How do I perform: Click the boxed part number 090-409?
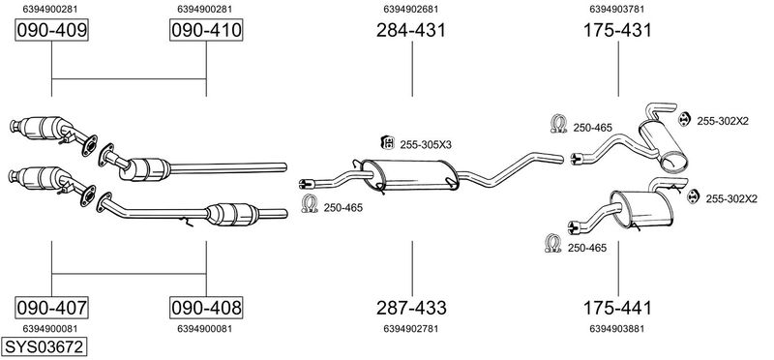coord(52,31)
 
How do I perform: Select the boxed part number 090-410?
coord(206,31)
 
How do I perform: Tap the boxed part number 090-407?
coord(52,308)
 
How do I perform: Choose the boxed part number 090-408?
coord(206,308)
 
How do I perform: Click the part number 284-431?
coord(411,31)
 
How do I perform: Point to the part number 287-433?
coord(411,308)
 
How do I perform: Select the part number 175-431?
coord(617,31)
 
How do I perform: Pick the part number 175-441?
coord(617,308)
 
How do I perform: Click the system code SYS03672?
coord(44,346)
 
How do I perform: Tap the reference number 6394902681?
coord(411,9)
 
